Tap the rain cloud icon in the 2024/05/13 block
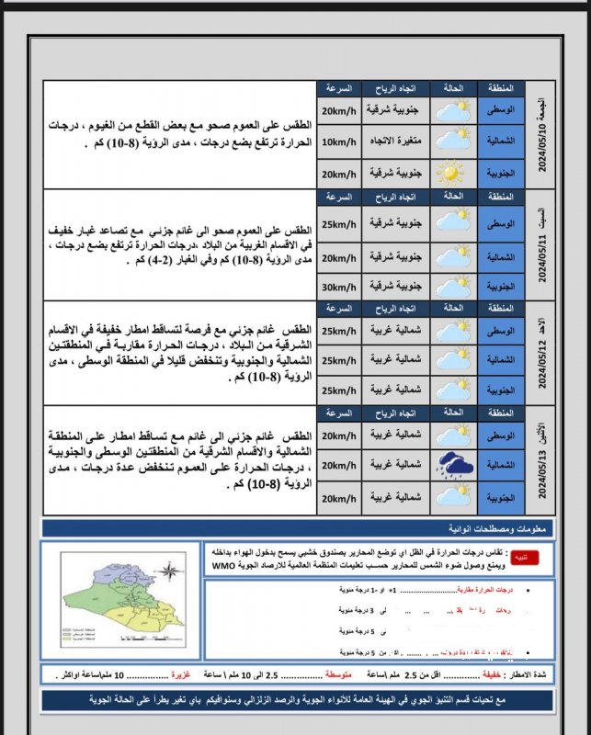pyautogui.click(x=453, y=463)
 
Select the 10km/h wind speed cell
pyautogui.click(x=339, y=142)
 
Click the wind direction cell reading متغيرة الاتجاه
pyautogui.click(x=396, y=142)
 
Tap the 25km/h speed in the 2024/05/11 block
pyautogui.click(x=339, y=223)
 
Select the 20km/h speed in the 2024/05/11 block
pyautogui.click(x=339, y=257)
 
